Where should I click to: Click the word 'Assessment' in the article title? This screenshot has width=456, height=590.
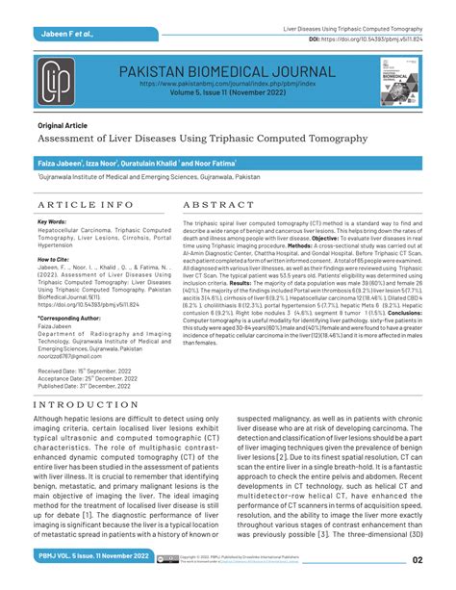pos(73,139)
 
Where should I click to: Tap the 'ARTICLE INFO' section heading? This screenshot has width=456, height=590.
pos(86,206)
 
